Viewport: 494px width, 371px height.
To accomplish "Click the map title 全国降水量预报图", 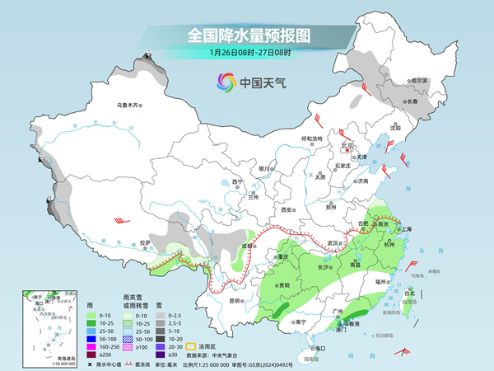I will pos(247,35).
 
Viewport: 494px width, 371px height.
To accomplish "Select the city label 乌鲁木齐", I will pos(128,106).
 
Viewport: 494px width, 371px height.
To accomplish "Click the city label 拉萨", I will pos(145,242).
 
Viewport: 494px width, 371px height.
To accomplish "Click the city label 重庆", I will pos(283,257).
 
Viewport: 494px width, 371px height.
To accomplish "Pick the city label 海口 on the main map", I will pos(319,349).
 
